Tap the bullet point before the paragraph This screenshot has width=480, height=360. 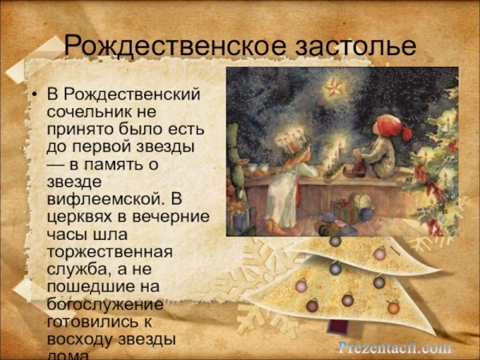click(x=34, y=97)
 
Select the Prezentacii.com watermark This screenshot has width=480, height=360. click(x=394, y=347)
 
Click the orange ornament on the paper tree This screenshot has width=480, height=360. click(x=393, y=307)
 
